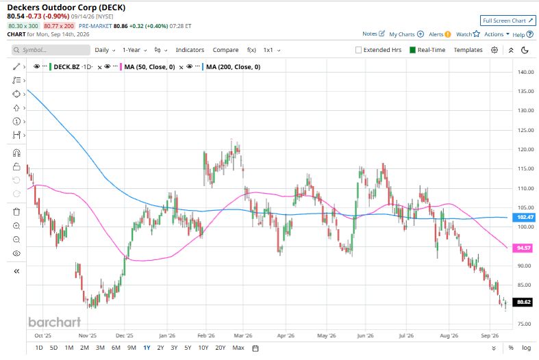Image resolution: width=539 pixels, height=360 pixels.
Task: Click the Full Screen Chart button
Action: coord(507,21)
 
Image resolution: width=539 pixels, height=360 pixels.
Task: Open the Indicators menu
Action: coord(190,50)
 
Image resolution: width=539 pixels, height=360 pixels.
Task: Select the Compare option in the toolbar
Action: coord(225,50)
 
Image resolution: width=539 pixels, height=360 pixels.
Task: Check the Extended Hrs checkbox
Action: coord(358,50)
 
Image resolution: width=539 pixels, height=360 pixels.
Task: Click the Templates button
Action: coord(468,50)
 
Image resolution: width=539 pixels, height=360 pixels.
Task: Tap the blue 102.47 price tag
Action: coord(523,217)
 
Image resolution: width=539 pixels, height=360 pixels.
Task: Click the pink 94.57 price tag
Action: coord(523,248)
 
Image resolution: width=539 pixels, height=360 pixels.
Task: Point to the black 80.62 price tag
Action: coord(523,302)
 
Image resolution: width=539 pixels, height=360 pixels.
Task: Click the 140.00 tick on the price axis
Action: coord(525,72)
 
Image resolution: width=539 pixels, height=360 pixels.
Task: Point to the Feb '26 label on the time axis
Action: coord(206,335)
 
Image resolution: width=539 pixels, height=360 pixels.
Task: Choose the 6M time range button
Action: coord(116,348)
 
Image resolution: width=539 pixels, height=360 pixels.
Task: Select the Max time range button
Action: coord(238,348)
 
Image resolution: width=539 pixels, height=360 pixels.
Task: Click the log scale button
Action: coord(526,348)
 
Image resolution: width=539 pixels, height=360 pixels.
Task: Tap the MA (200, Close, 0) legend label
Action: coord(233,67)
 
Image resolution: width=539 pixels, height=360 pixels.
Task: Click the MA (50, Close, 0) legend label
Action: coord(149,67)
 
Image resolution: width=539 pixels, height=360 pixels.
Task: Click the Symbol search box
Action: coord(51,50)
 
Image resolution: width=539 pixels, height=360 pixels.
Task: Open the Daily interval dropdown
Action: coord(105,50)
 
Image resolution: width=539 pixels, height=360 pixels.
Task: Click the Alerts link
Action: coord(440,34)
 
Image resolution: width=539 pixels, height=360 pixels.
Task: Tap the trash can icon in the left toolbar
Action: coord(16,211)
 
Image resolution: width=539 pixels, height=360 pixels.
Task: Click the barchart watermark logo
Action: coord(55,322)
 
